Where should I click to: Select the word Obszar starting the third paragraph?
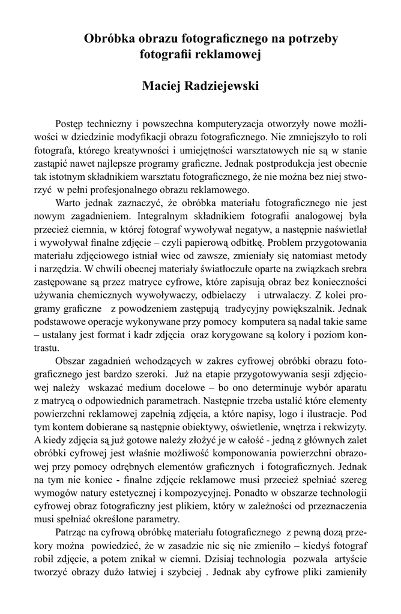pyautogui.click(x=70, y=362)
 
